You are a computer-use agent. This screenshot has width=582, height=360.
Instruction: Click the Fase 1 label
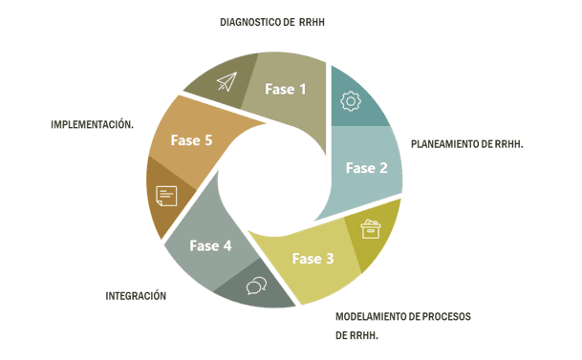point(286,90)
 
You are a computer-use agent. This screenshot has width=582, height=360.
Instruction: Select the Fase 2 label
point(366,168)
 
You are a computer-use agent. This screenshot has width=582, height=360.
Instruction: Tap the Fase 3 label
point(313,258)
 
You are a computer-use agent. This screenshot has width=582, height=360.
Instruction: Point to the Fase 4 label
point(210,245)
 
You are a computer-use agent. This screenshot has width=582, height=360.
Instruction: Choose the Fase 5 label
point(191,140)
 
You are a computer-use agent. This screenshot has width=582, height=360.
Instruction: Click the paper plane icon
point(226,82)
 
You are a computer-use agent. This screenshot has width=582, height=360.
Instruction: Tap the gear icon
point(351,99)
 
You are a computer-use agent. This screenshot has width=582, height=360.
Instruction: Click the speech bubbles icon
point(256,286)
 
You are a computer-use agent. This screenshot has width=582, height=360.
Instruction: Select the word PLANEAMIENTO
point(447,144)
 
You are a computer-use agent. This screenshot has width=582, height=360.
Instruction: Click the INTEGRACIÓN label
point(136,296)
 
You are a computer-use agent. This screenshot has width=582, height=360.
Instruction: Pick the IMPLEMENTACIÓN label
point(92,125)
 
